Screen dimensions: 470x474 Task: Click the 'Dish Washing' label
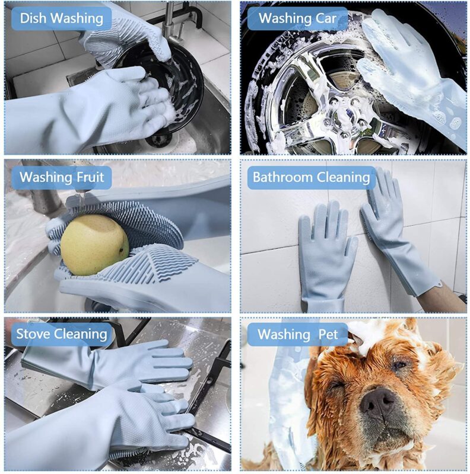62,18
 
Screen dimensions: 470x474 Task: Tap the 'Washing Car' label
297,18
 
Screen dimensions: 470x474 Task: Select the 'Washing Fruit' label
62,177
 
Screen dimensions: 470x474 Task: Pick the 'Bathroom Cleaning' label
312,177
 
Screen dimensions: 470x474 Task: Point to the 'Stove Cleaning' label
62,334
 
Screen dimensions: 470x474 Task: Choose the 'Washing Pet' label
297,334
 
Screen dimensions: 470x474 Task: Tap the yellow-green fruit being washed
94,245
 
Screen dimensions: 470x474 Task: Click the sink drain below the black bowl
157,140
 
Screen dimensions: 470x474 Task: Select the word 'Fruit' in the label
90,177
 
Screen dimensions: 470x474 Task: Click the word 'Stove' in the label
33,334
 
